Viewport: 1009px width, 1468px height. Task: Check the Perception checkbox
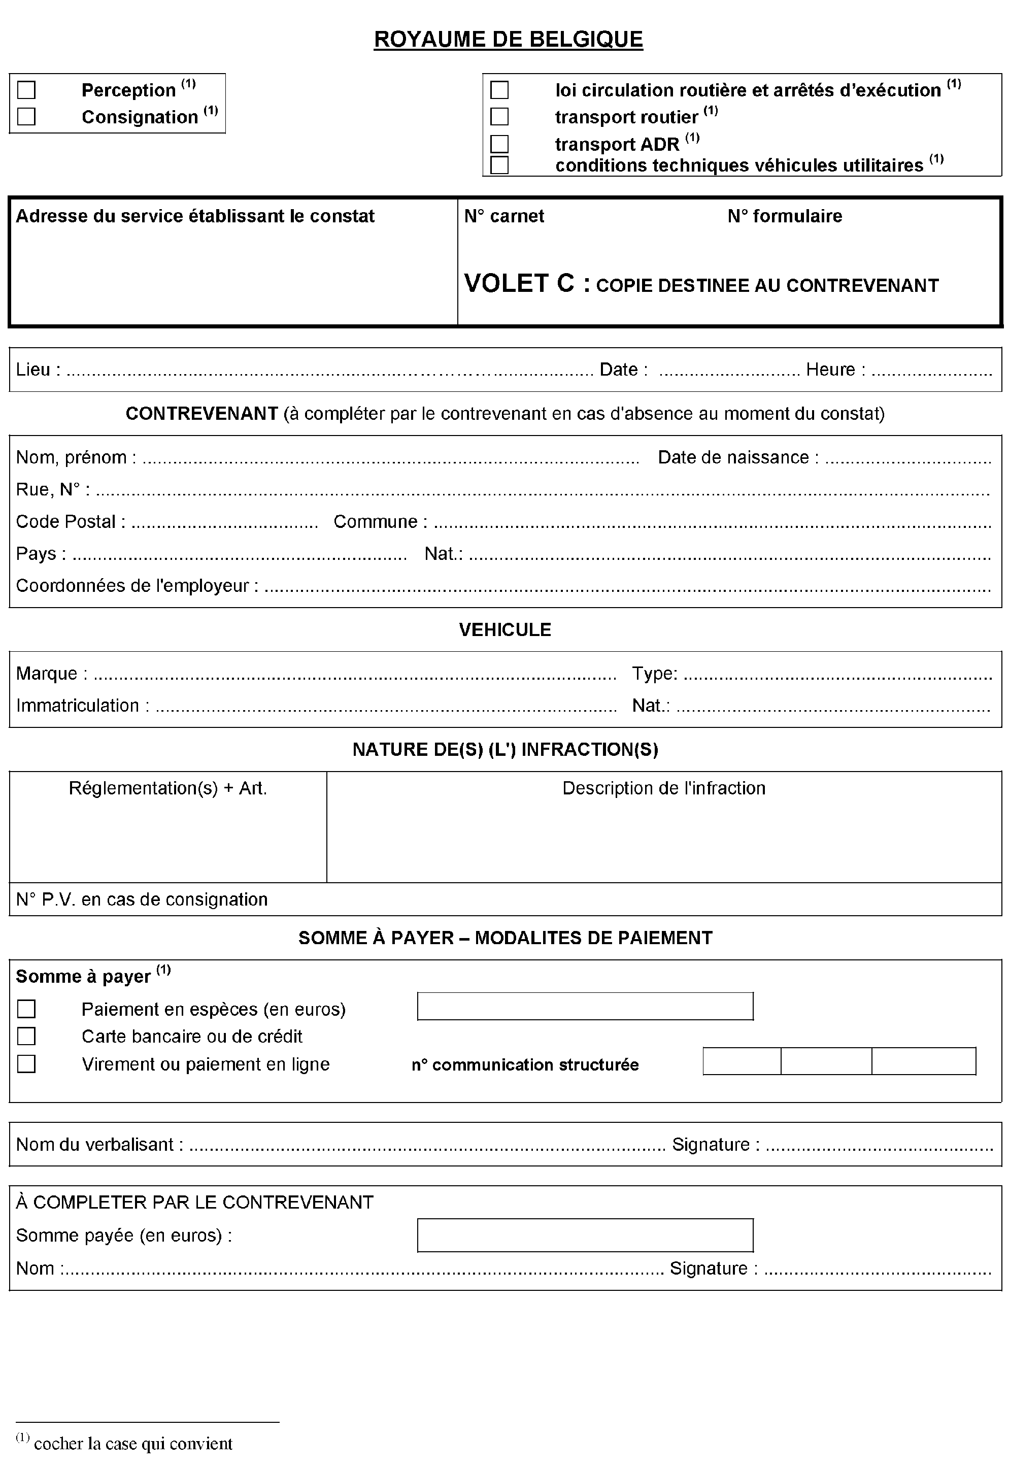pyautogui.click(x=26, y=90)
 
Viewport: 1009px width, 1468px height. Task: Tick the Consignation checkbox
pyautogui.click(x=26, y=117)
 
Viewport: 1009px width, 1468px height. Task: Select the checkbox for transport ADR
pyautogui.click(x=499, y=144)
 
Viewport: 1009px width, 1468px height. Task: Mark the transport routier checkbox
pyautogui.click(x=499, y=117)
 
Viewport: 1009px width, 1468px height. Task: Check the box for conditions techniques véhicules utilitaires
pyautogui.click(x=499, y=165)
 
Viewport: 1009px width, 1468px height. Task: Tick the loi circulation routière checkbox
pyautogui.click(x=499, y=90)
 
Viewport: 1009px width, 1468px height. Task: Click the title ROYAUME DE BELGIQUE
pyautogui.click(x=508, y=40)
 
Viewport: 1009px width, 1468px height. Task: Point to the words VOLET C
pyautogui.click(x=518, y=284)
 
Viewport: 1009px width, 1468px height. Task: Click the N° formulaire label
pyautogui.click(x=785, y=216)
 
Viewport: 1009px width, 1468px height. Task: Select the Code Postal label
pyautogui.click(x=70, y=522)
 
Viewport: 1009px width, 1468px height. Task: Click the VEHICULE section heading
pyautogui.click(x=504, y=629)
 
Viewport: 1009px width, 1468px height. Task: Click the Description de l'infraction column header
pyautogui.click(x=664, y=788)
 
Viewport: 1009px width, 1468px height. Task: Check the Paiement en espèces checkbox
pyautogui.click(x=26, y=1010)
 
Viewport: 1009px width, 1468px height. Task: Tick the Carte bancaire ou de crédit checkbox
pyautogui.click(x=26, y=1037)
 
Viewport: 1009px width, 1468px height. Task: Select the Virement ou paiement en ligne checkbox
pyautogui.click(x=26, y=1064)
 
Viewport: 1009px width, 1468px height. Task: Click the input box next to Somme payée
pyautogui.click(x=585, y=1236)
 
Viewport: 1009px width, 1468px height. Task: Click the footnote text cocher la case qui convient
pyautogui.click(x=133, y=1444)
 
